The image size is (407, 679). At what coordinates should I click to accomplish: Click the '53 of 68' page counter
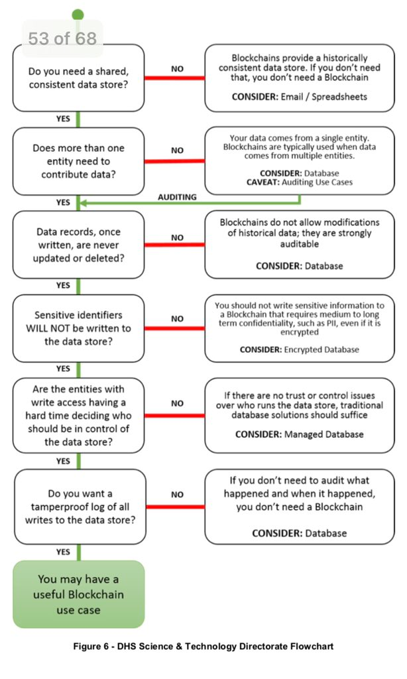(62, 38)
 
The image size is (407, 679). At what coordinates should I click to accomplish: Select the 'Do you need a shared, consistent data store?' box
(79, 78)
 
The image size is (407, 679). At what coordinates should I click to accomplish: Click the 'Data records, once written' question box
(79, 244)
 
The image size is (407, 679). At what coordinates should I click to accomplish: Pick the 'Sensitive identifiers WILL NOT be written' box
(79, 328)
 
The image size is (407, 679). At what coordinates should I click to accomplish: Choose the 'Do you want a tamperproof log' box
(79, 506)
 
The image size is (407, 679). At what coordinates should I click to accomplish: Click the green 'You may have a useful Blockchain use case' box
(79, 594)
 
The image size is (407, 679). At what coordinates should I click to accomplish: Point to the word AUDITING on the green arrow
(177, 197)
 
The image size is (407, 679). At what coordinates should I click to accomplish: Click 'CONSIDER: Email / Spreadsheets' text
(299, 96)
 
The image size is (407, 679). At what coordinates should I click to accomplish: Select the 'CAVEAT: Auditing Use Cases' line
(299, 181)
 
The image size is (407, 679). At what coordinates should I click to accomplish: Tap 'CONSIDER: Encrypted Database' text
(299, 349)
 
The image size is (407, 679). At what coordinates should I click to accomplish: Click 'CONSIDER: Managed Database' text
(299, 434)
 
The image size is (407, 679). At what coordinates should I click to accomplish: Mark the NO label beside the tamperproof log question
(177, 494)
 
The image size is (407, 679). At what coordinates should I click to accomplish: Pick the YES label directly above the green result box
(63, 551)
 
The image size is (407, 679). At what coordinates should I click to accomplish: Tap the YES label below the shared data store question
(63, 118)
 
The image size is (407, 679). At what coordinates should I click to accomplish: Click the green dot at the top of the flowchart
(78, 14)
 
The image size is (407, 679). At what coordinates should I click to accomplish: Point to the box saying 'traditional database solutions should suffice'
(299, 416)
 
